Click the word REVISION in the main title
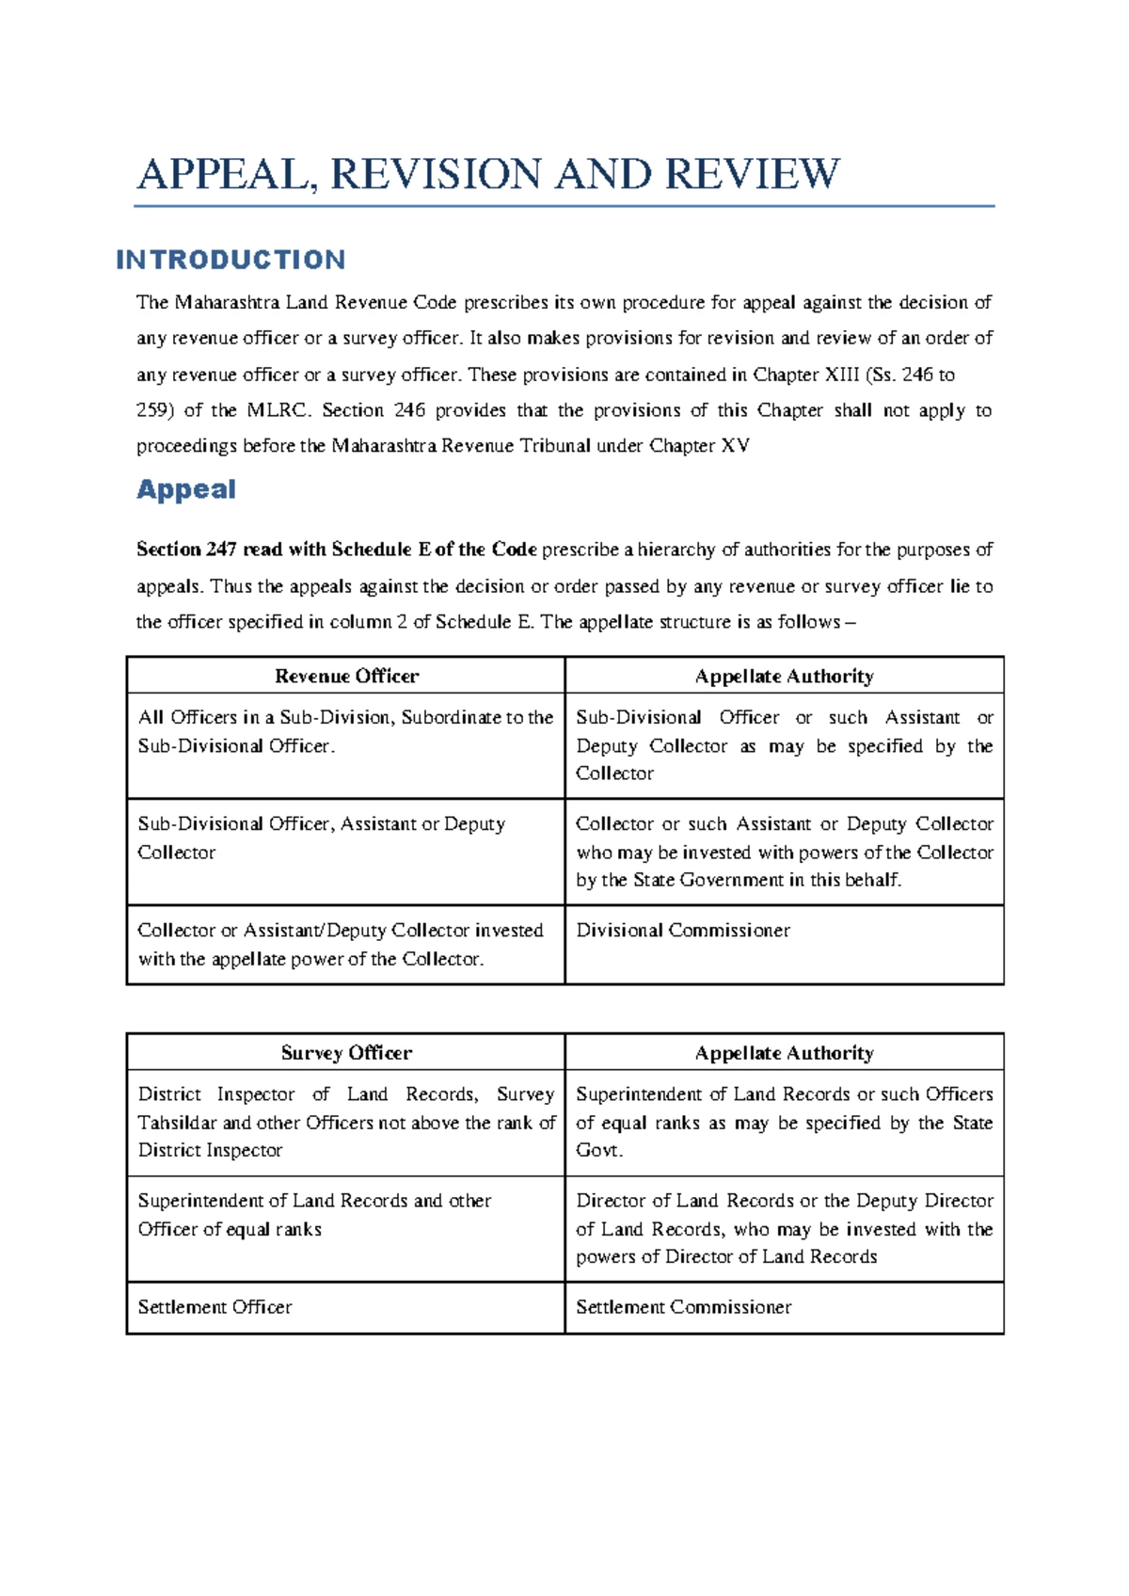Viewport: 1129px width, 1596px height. pos(436,175)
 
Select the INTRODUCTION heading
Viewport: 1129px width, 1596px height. pos(231,260)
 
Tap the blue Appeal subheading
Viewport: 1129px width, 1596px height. pos(186,489)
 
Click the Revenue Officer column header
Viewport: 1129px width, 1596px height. pos(346,676)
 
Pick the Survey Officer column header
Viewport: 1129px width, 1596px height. pos(346,1053)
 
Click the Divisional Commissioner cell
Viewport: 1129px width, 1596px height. pos(683,931)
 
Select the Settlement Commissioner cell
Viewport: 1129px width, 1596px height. pos(683,1307)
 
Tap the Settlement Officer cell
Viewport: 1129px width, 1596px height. pos(215,1307)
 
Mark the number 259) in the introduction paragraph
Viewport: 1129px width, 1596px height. pos(155,410)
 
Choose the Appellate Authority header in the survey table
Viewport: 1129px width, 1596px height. pos(784,1053)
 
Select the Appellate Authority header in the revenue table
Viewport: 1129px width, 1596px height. pos(784,676)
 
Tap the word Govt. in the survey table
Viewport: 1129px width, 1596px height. pos(599,1150)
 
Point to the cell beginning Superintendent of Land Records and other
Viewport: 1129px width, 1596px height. pos(314,1214)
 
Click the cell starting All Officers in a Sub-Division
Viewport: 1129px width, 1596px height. pos(344,731)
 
